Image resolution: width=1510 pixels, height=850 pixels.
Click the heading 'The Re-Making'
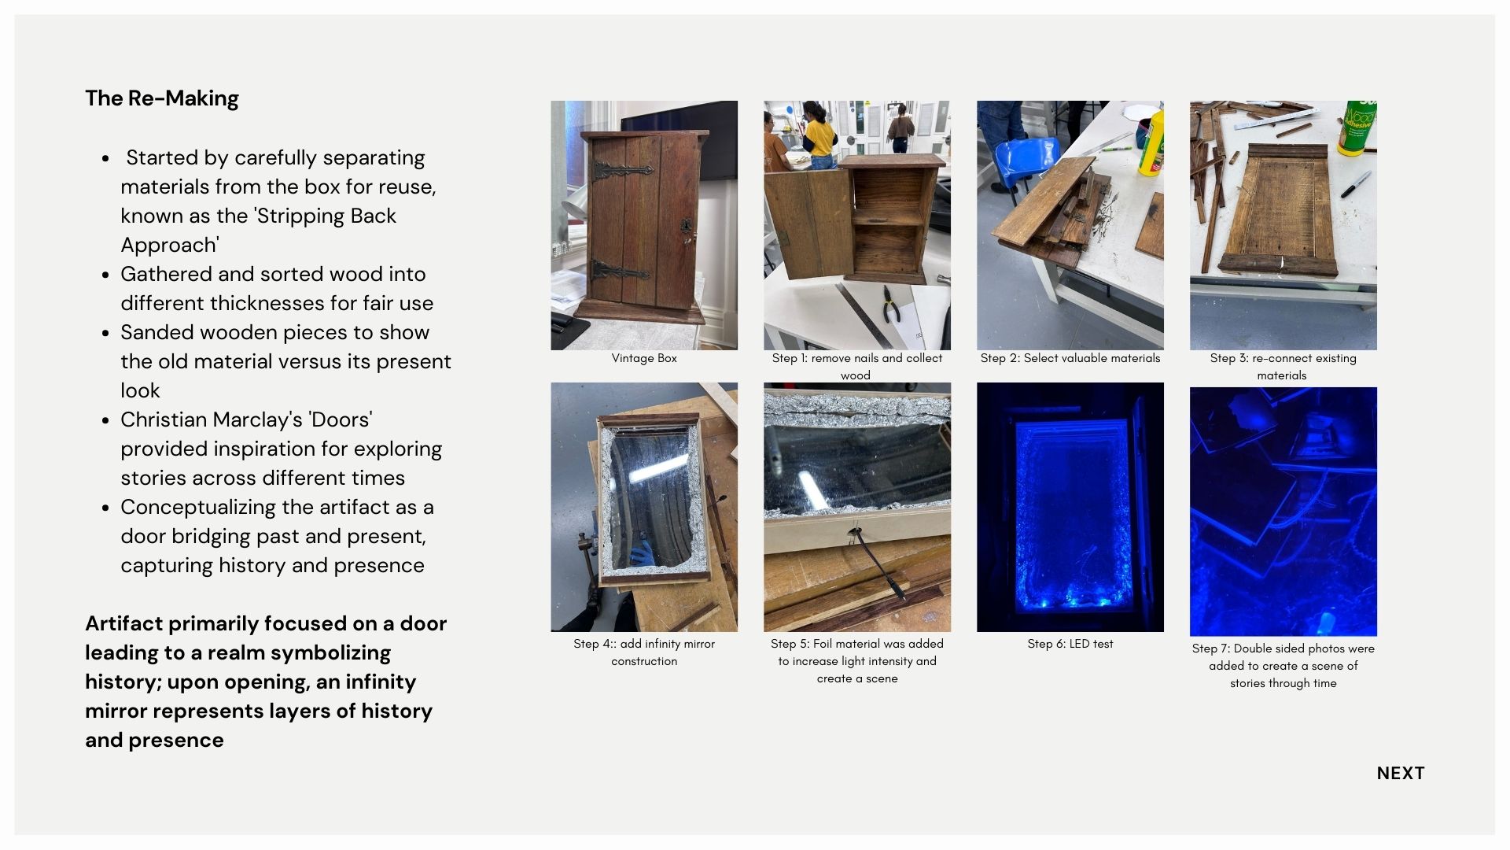pyautogui.click(x=162, y=98)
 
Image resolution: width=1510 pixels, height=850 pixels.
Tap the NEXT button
pyautogui.click(x=1401, y=773)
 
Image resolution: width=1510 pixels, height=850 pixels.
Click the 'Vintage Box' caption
pyautogui.click(x=644, y=358)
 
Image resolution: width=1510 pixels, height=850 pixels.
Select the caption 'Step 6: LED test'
pyautogui.click(x=1070, y=644)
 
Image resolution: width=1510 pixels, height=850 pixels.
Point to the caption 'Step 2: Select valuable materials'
pyautogui.click(x=1070, y=358)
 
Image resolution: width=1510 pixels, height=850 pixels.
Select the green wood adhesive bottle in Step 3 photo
pyautogui.click(x=1357, y=126)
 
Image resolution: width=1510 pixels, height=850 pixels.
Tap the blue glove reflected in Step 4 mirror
pyautogui.click(x=641, y=552)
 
